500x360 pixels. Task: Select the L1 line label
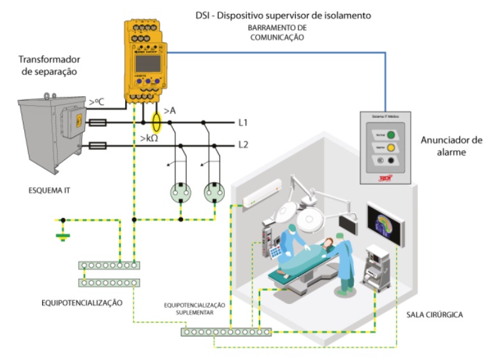pos(243,122)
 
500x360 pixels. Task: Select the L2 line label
pos(243,145)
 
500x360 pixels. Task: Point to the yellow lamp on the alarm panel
pos(391,148)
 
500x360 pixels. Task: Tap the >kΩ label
pos(150,137)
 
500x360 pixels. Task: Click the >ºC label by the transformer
pos(97,102)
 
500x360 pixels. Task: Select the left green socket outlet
pos(180,192)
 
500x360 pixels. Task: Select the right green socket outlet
pos(215,192)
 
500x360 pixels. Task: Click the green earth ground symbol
pos(62,237)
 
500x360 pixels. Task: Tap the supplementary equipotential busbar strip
pos(226,331)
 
